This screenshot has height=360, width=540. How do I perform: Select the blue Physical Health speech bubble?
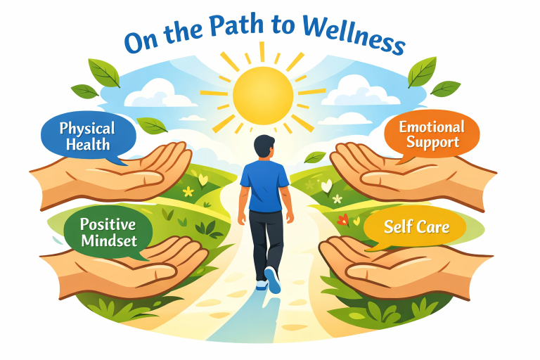(x=86, y=136)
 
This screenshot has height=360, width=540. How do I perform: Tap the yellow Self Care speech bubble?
(x=416, y=227)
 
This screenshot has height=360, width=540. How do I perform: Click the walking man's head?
(x=262, y=148)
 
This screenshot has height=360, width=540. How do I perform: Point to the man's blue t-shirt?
(x=264, y=184)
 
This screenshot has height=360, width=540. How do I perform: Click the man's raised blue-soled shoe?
(x=271, y=279)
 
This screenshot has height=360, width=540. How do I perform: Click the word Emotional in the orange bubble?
(x=432, y=127)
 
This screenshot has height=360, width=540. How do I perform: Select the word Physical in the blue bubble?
(x=87, y=129)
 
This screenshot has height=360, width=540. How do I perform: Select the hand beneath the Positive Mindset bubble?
(x=134, y=267)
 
